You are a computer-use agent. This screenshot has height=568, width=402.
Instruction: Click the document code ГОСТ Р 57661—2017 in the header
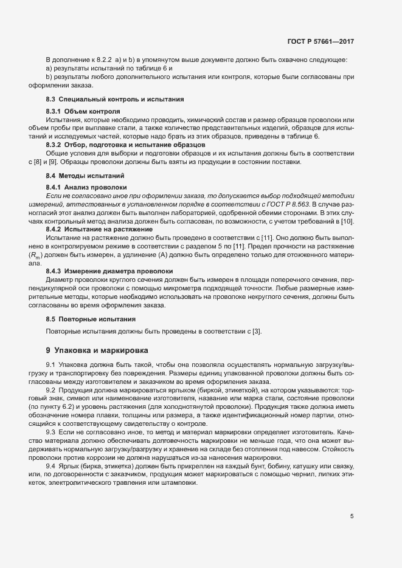click(321, 42)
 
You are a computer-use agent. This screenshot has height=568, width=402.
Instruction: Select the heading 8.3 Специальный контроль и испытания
click(115, 98)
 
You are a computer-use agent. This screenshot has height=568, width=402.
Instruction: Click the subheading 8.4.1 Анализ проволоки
click(86, 188)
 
